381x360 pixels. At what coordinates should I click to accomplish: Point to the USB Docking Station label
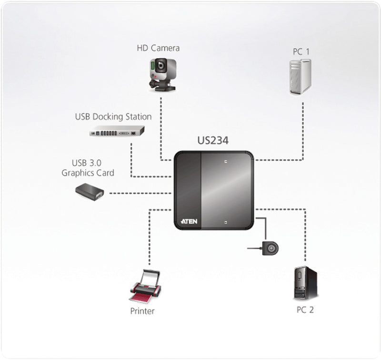113,116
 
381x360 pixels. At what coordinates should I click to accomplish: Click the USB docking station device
117,132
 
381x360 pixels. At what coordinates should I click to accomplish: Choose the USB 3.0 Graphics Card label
88,168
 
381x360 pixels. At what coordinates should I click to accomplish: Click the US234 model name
213,141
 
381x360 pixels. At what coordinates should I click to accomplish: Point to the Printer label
142,311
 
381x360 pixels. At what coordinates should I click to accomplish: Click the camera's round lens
162,64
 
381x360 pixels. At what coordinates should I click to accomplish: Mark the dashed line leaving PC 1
303,129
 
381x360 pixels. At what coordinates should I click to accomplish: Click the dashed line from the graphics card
138,193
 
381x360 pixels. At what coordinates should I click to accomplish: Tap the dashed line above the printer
150,238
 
